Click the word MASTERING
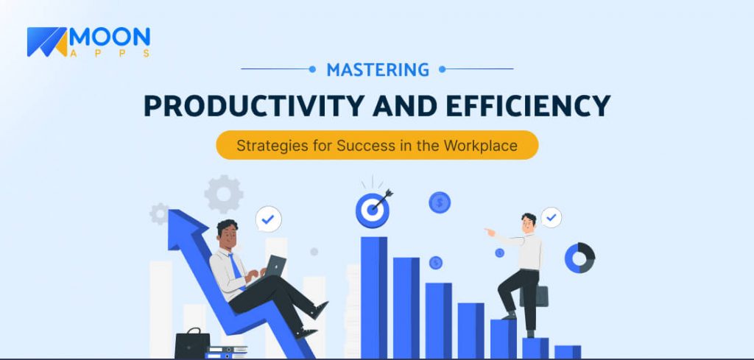tap(378, 70)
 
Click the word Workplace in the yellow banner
tap(480, 145)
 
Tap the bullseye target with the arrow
tap(373, 210)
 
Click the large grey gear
tap(223, 194)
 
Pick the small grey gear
tap(159, 214)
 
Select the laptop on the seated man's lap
tap(273, 266)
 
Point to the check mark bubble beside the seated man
tap(268, 219)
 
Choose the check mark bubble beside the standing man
tap(551, 217)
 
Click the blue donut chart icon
tap(579, 258)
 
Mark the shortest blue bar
tap(567, 351)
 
